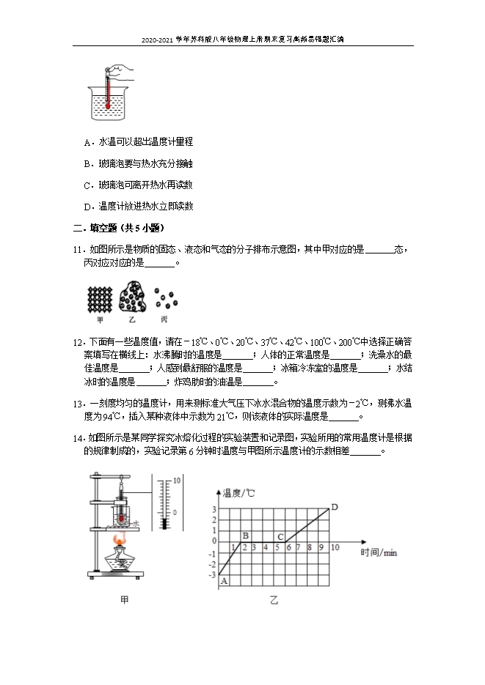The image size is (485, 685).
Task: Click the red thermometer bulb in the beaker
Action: click(x=107, y=105)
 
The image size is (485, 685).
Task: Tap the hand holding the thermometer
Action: click(x=124, y=70)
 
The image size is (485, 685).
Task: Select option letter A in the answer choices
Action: click(x=87, y=142)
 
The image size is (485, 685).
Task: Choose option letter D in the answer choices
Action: click(x=87, y=207)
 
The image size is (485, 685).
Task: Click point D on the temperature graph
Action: click(x=335, y=507)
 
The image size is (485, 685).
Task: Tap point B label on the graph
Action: click(x=245, y=536)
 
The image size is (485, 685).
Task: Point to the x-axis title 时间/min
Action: click(x=379, y=552)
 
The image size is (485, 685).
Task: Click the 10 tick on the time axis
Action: click(x=335, y=547)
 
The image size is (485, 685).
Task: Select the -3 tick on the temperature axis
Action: click(x=213, y=575)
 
